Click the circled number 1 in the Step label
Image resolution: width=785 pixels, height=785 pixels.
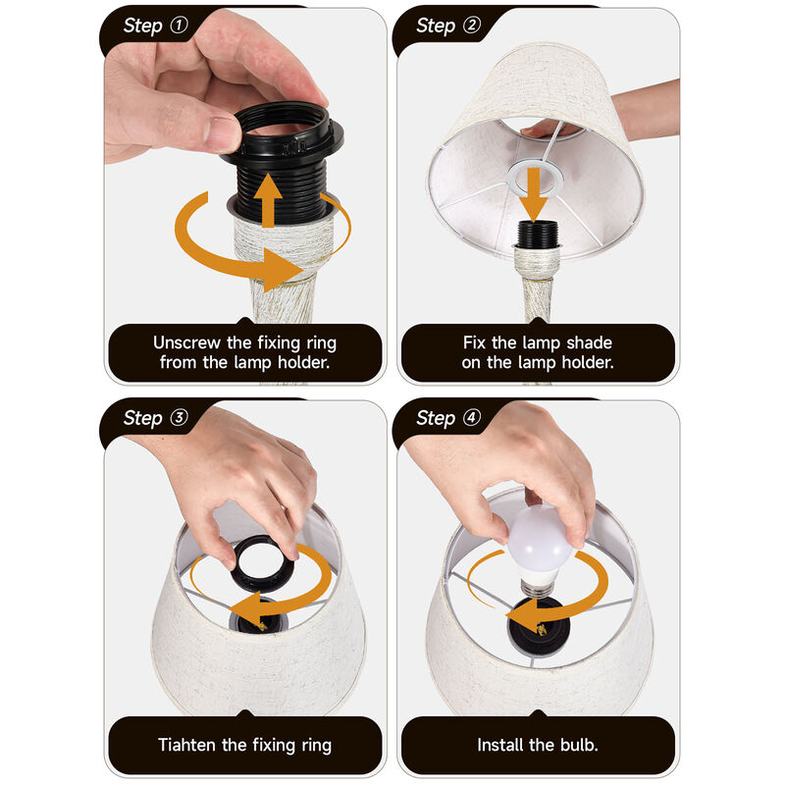tap(179, 25)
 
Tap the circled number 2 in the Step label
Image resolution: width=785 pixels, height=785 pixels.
tap(472, 25)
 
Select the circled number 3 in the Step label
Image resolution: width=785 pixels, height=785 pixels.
tap(179, 417)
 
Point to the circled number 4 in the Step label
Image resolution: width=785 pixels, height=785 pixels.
tap(472, 417)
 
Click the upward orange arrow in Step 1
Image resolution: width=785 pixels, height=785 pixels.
tap(268, 200)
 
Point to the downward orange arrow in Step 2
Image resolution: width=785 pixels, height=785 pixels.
tap(534, 193)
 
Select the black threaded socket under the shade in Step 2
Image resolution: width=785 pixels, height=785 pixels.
tap(537, 234)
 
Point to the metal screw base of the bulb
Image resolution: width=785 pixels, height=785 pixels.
tap(538, 587)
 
